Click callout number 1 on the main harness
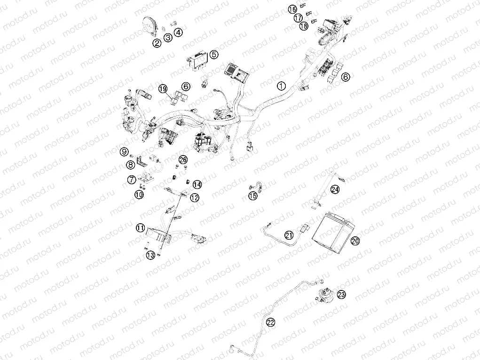281,86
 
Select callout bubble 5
214,55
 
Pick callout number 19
163,88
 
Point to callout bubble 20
355,240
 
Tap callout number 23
341,295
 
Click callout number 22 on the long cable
270,322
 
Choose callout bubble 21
289,235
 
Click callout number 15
253,196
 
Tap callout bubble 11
140,228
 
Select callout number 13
150,255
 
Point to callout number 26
183,160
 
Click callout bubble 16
292,9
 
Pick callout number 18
304,26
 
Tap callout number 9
125,151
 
